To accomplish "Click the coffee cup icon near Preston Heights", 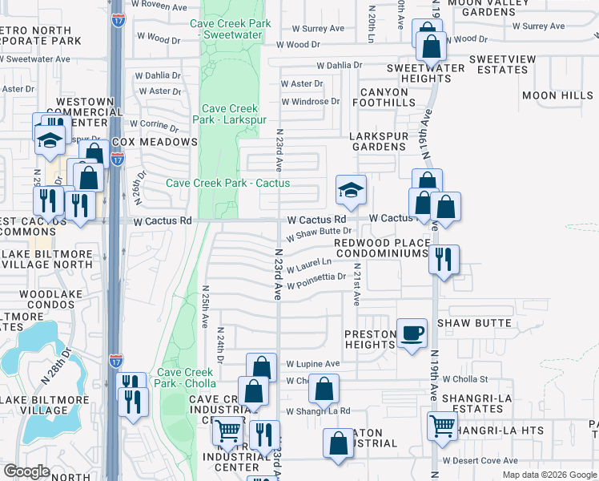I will pos(412,333).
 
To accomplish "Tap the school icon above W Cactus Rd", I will pos(351,191).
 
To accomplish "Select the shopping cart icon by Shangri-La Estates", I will pos(442,426).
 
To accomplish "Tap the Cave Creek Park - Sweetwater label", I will pos(231,30).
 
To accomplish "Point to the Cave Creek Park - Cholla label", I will pos(185,378).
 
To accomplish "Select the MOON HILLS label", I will pos(557,95).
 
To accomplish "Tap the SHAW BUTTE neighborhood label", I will pos(475,323).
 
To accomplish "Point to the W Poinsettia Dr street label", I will pos(316,281).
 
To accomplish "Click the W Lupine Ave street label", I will pos(313,363).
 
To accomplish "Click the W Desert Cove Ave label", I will pos(480,461).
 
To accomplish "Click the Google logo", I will pos(27,471).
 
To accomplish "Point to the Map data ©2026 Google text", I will pos(549,475).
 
